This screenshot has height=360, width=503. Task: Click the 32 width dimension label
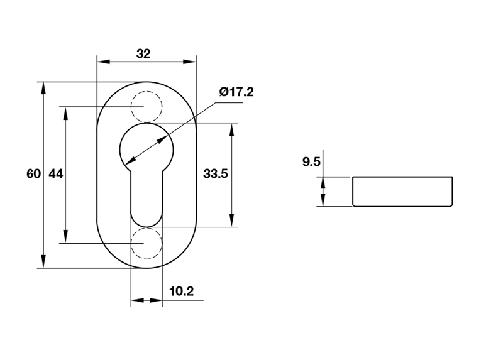143,53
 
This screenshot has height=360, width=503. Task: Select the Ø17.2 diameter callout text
236,92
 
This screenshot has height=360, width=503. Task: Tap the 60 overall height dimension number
33,173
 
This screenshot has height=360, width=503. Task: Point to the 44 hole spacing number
56,173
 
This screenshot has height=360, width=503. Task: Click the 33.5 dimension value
215,173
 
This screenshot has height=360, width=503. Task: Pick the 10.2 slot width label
181,291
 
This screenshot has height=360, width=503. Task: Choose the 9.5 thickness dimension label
312,163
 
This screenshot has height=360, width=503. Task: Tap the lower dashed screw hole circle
146,243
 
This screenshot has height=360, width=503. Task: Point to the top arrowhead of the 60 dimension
43,87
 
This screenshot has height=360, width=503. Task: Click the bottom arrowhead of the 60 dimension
43,263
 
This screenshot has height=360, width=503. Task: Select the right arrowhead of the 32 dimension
190,62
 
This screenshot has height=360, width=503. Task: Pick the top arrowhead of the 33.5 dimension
233,128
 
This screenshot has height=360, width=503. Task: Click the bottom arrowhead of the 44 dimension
65,237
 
